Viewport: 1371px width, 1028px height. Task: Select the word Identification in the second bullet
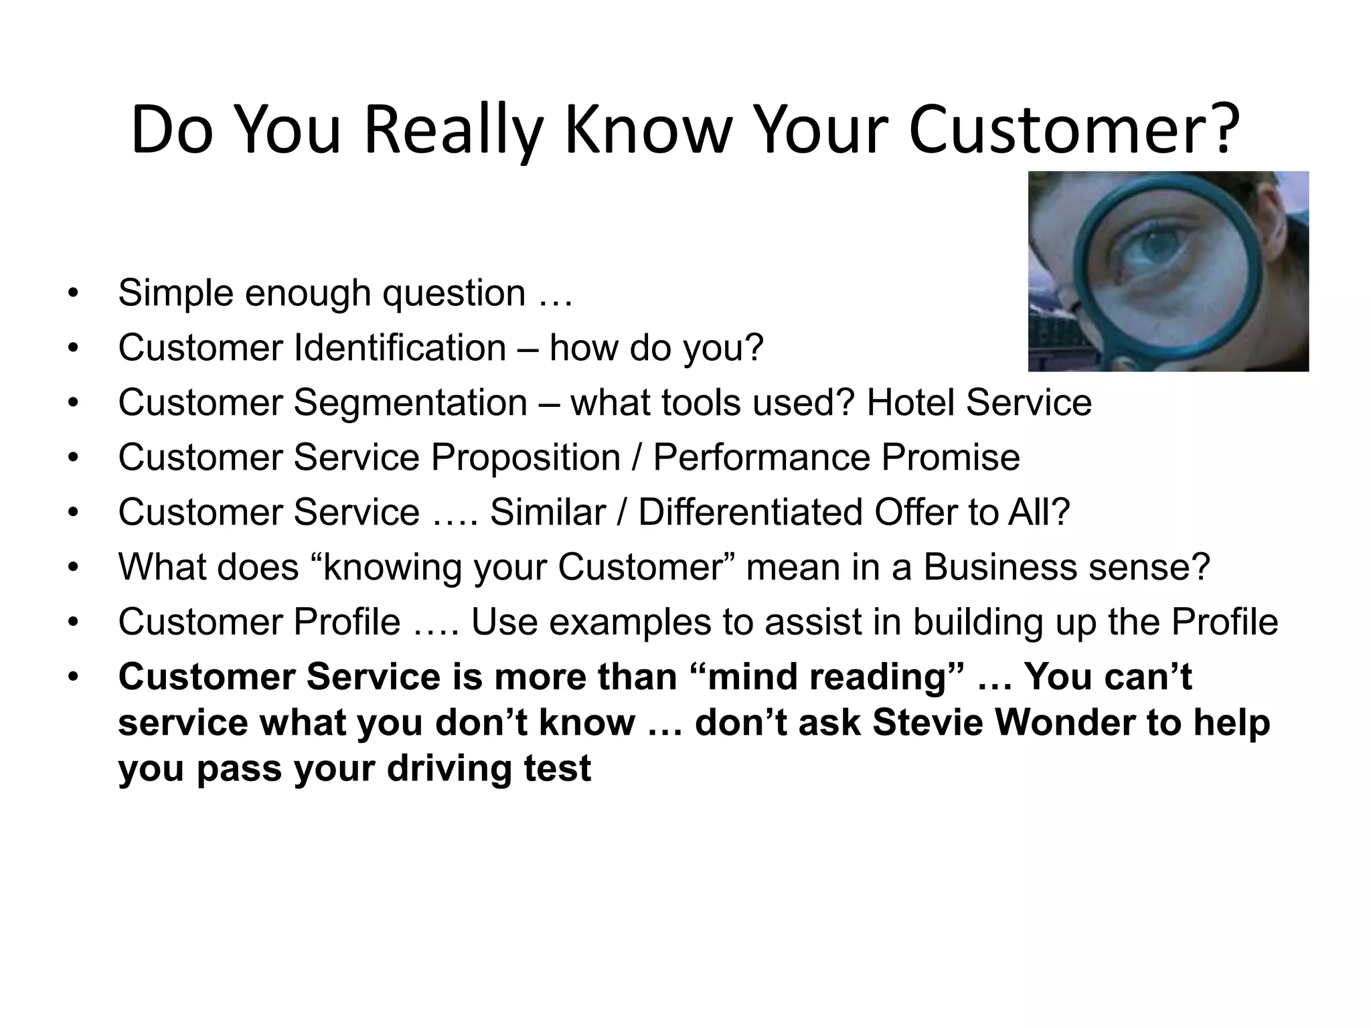click(400, 348)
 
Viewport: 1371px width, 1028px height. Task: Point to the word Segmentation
click(410, 403)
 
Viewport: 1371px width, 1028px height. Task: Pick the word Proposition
click(525, 458)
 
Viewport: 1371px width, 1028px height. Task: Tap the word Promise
click(950, 458)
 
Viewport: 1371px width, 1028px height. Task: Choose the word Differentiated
click(750, 513)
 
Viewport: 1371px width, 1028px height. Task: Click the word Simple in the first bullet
click(176, 293)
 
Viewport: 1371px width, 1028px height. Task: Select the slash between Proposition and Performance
click(636, 458)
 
